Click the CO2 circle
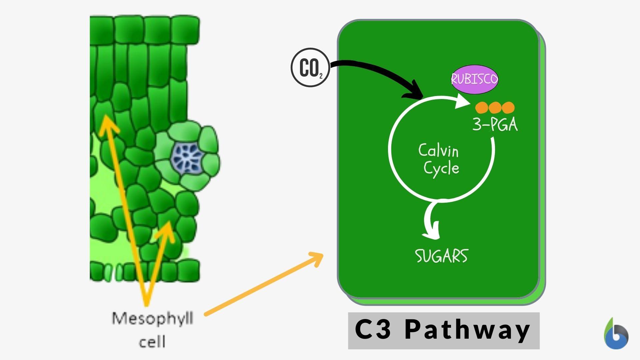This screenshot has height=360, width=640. point(310,68)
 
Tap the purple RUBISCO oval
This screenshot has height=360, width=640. point(474,79)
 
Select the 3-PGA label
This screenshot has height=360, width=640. point(495,125)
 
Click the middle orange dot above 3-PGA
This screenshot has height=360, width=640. point(495,108)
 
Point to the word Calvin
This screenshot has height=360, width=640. point(438,151)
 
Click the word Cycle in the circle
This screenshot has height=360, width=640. point(441,168)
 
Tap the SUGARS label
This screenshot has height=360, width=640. point(441,256)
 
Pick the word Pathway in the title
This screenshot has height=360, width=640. point(467,330)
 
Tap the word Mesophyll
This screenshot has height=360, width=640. point(152,319)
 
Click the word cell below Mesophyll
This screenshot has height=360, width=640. point(152,342)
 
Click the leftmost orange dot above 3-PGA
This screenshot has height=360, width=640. point(482,108)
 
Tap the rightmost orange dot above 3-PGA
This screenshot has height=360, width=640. point(508,108)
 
